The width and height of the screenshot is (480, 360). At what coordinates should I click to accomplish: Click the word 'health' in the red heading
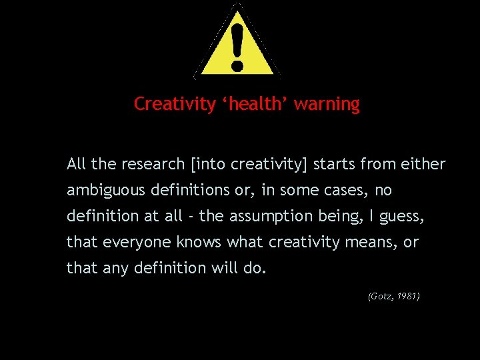coord(253,104)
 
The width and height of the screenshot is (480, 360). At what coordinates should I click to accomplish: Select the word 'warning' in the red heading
coord(327,104)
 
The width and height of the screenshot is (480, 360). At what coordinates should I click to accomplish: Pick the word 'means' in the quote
coord(374,243)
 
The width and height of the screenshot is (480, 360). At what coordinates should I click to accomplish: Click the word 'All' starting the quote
coord(75,164)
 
